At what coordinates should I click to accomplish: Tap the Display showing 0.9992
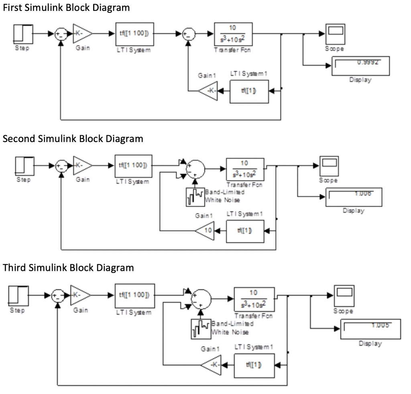(x=360, y=66)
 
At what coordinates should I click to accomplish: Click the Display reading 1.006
(x=353, y=197)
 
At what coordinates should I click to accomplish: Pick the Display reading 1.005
(x=371, y=329)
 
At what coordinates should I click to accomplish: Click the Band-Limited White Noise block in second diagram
(x=195, y=197)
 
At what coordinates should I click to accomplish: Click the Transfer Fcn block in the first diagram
(x=233, y=34)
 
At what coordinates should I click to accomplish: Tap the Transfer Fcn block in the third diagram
(x=254, y=299)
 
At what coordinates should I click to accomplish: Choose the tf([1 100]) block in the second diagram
(x=133, y=166)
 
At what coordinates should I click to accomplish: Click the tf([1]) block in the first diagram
(x=249, y=91)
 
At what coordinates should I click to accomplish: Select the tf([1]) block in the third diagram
(x=254, y=365)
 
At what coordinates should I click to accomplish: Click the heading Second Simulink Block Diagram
(x=73, y=139)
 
